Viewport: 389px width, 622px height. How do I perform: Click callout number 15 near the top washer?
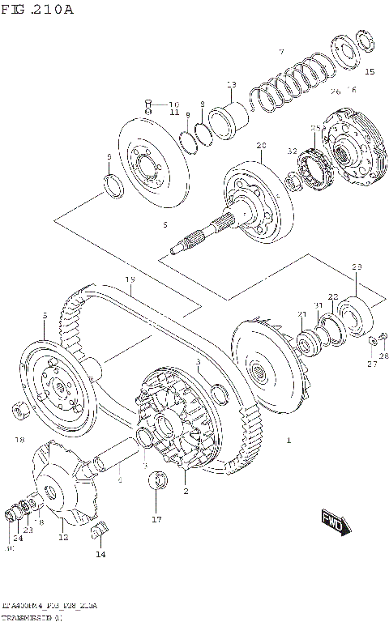pyautogui.click(x=370, y=72)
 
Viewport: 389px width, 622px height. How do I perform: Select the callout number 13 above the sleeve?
pyautogui.click(x=231, y=84)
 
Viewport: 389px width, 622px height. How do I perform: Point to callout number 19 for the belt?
pyautogui.click(x=130, y=279)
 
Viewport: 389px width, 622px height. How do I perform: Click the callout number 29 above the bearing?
pyautogui.click(x=356, y=267)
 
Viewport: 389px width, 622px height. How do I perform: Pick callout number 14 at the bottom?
pyautogui.click(x=100, y=555)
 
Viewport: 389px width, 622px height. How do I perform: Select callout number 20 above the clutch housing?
pyautogui.click(x=261, y=146)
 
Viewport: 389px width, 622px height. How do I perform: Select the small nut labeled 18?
pyautogui.click(x=22, y=411)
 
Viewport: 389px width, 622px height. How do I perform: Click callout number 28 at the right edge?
pyautogui.click(x=383, y=356)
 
